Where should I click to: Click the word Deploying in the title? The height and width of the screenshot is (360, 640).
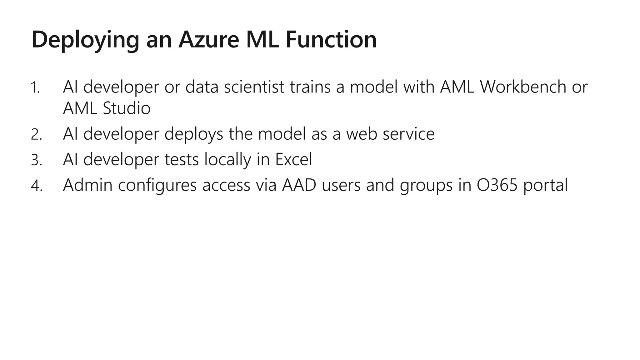coord(85,40)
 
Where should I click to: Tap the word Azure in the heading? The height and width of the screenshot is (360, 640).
coord(208,39)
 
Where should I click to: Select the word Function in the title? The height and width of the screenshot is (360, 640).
coord(331,39)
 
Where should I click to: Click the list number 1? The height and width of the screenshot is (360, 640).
coord(35,87)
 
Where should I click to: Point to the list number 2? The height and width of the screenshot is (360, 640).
coord(36,135)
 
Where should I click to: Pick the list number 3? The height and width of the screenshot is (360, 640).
coord(36,160)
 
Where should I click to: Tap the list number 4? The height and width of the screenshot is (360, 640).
coord(36,186)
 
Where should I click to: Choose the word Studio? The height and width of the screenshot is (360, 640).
coord(127,108)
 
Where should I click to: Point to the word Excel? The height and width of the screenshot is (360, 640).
coord(293,159)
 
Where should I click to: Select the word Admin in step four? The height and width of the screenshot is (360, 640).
coord(87,185)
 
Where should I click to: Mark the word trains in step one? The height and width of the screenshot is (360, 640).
coord(310,87)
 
